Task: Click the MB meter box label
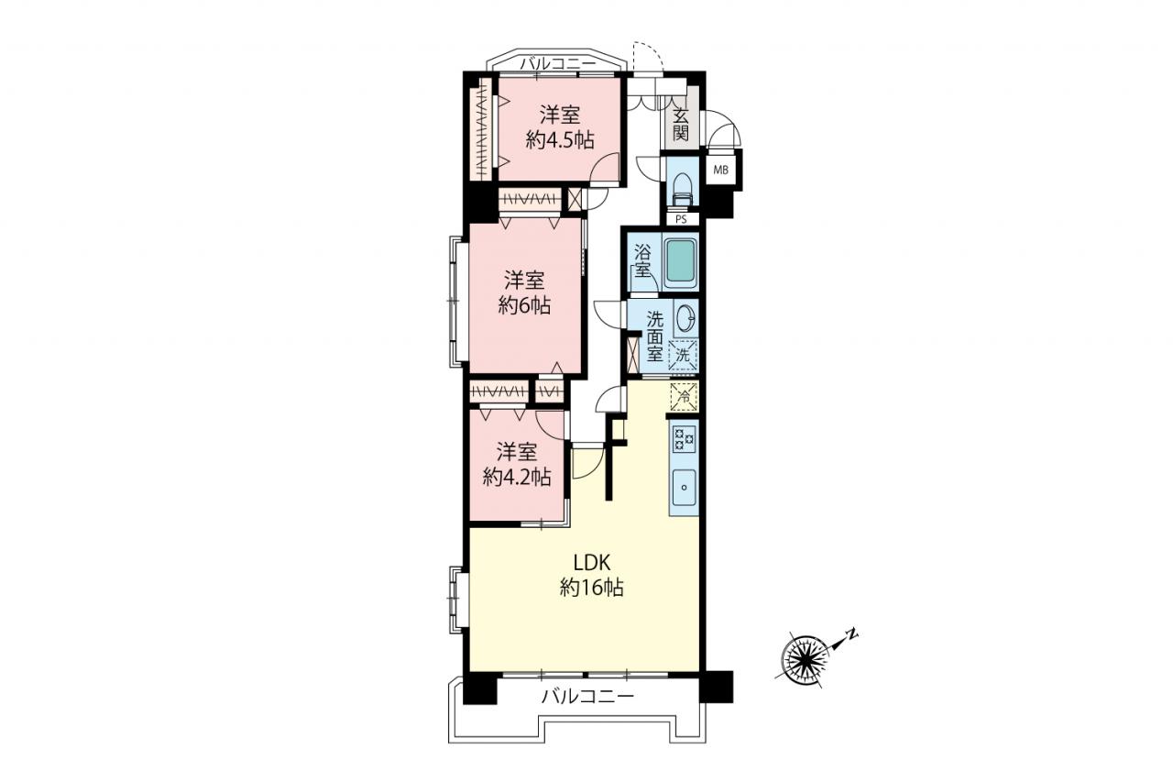pos(720,171)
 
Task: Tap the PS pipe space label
pos(681,219)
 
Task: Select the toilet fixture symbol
pos(682,190)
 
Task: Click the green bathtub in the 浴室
pos(681,263)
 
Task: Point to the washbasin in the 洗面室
pos(685,317)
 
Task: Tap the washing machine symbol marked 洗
pos(683,355)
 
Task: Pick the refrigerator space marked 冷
pos(684,397)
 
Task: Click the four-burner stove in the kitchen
pos(684,439)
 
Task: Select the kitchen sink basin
pos(684,487)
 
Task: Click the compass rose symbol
pos(805,662)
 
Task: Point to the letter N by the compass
pos(852,634)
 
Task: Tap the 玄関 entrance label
pos(680,125)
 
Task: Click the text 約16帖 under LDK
pos(592,589)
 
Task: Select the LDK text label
pos(592,563)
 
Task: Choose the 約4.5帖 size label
pos(560,140)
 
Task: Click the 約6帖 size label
pos(524,305)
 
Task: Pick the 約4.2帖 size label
pos(517,477)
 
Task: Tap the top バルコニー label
pos(558,64)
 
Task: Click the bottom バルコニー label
pos(588,697)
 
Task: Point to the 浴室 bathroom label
pos(642,262)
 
